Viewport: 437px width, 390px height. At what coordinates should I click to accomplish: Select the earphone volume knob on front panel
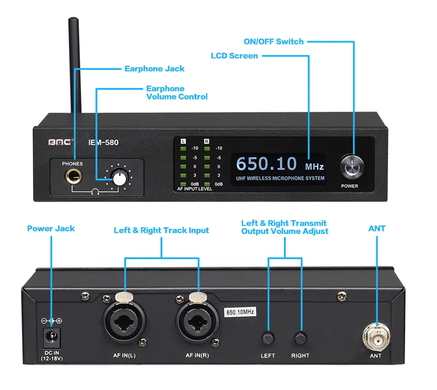click(x=118, y=179)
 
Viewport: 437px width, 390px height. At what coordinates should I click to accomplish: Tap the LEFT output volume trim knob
click(x=267, y=338)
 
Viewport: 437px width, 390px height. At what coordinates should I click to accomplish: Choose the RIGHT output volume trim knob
click(x=300, y=338)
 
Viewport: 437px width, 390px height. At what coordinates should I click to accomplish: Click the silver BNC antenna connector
click(x=375, y=336)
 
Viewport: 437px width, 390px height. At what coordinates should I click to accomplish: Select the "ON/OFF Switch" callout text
click(x=274, y=41)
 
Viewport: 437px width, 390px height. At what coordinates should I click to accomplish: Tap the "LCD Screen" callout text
click(x=235, y=56)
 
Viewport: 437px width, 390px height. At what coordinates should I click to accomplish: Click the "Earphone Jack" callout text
click(x=154, y=69)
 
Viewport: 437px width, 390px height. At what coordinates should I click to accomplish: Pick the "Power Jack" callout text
click(x=51, y=228)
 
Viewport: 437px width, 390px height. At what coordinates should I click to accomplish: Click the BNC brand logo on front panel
click(x=62, y=142)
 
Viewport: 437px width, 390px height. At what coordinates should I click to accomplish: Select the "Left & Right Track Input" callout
click(x=161, y=230)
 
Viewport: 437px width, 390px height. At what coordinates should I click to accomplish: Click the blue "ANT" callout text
click(x=377, y=228)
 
